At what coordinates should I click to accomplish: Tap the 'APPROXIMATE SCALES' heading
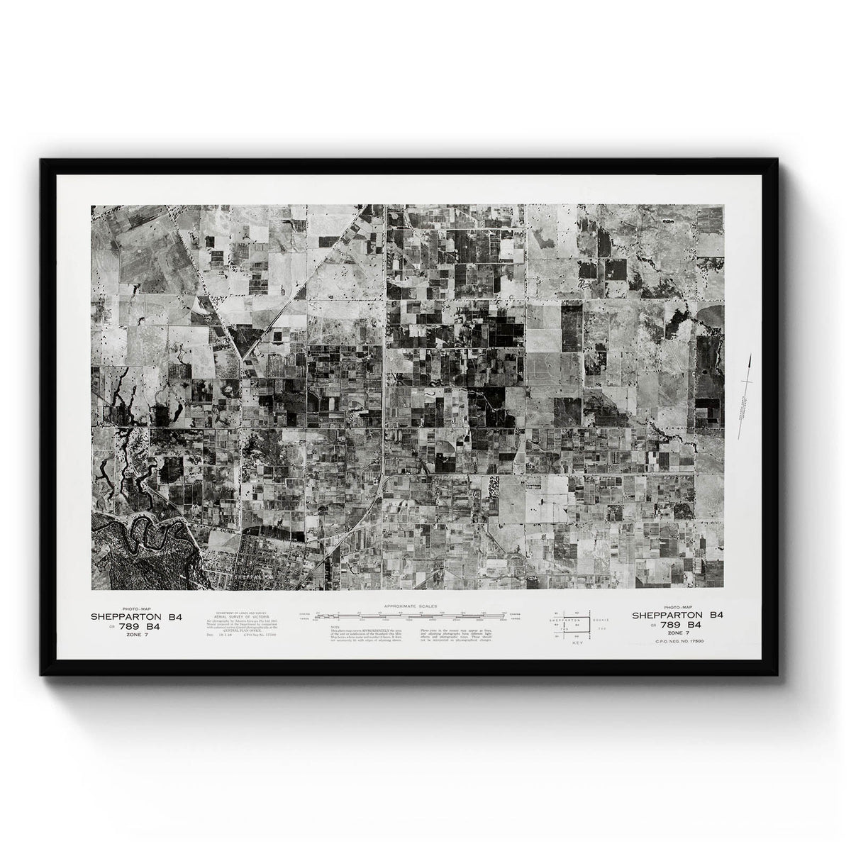point(410,606)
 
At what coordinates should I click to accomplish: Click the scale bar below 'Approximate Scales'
point(410,615)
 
